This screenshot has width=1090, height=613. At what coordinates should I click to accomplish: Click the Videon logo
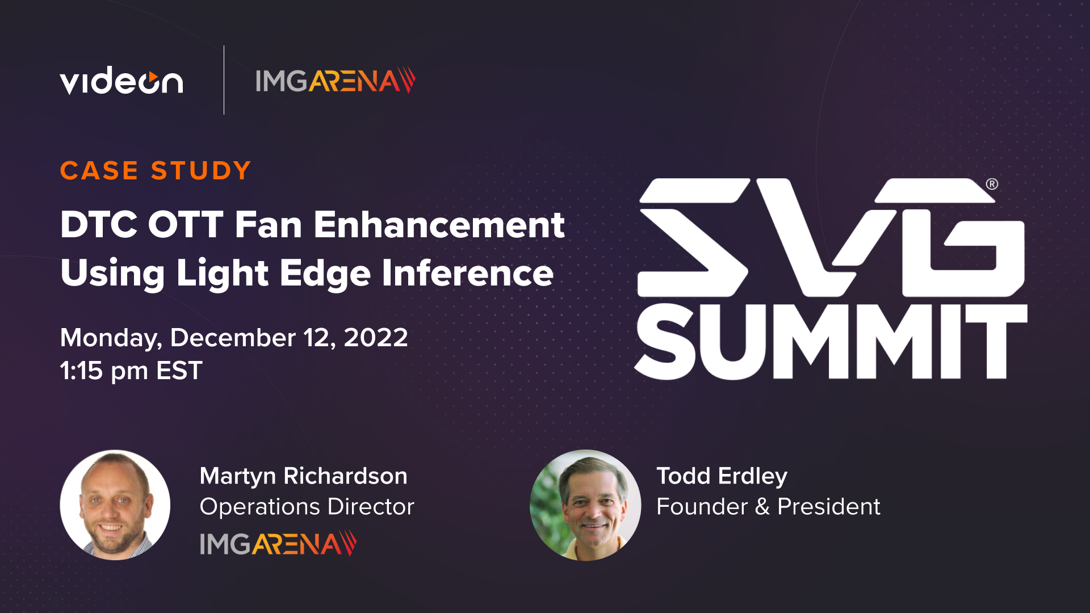point(121,81)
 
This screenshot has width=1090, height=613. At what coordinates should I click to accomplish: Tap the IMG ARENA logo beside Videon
point(335,81)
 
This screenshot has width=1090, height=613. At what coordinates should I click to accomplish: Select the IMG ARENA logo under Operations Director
point(278,544)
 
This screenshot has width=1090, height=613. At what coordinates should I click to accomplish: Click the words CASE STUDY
point(156,171)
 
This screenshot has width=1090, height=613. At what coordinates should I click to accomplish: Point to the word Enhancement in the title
point(439,225)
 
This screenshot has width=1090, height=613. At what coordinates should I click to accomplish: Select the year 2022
point(376,338)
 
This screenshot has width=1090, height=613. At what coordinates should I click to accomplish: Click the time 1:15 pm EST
point(131,371)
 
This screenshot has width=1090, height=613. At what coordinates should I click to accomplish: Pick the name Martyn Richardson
point(303,476)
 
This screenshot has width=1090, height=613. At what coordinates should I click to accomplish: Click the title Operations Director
point(307,507)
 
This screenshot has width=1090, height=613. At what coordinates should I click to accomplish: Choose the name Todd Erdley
point(722,476)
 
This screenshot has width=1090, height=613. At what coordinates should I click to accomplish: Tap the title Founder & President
point(768,507)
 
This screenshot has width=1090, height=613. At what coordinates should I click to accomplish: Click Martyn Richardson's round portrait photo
point(115,505)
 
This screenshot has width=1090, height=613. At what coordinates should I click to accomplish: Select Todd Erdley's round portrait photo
point(585,505)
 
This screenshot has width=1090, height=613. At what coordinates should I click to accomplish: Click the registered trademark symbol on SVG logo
point(992,184)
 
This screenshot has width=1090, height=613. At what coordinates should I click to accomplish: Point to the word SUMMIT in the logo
point(831,342)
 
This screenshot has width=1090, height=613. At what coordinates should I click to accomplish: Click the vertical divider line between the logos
point(224,80)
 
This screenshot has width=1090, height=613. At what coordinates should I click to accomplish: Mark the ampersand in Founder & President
point(762,507)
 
